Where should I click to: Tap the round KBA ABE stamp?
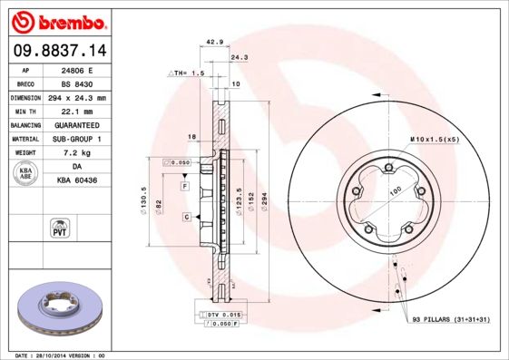pos(26,174)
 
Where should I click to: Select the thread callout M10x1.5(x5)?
pos(435,139)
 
